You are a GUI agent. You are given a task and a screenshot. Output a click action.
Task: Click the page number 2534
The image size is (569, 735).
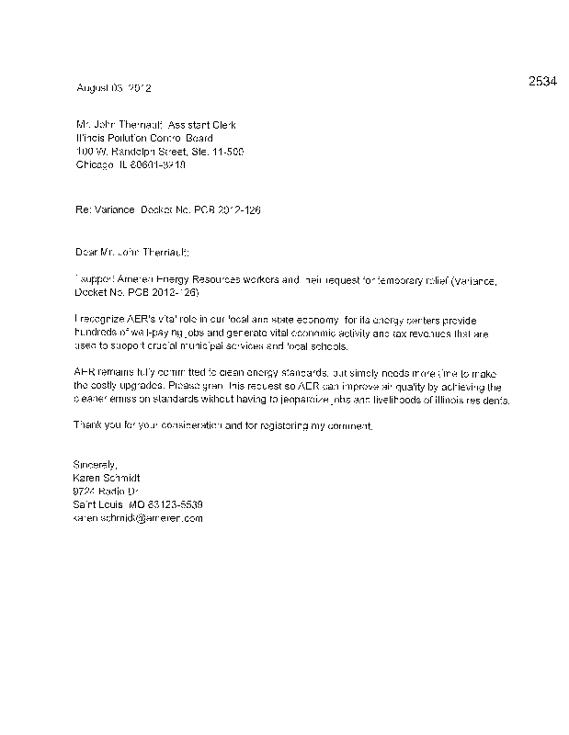(542, 81)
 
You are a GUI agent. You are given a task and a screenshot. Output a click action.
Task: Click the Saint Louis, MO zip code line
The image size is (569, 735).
(138, 505)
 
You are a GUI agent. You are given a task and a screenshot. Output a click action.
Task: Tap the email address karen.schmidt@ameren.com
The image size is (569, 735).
(138, 518)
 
